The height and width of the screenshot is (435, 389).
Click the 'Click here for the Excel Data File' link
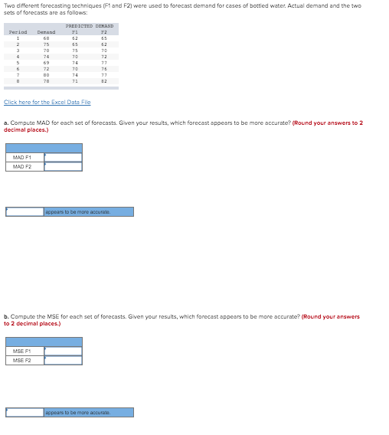click(47, 102)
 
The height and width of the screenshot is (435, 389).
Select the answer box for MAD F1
click(63, 158)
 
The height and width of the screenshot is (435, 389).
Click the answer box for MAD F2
click(63, 167)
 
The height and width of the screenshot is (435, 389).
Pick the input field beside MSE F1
click(63, 352)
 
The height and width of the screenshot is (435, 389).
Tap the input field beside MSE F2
click(63, 361)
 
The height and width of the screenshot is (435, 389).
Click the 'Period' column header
click(17, 32)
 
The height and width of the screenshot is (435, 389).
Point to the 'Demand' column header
click(47, 32)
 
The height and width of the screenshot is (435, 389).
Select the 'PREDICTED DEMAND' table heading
click(95, 26)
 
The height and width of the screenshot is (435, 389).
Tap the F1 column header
click(74, 32)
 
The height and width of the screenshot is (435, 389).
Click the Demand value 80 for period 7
click(47, 74)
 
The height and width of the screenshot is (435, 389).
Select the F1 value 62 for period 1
click(74, 38)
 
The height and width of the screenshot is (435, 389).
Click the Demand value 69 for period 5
click(47, 62)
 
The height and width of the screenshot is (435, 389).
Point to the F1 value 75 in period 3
click(74, 50)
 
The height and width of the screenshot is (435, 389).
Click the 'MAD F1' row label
click(21, 158)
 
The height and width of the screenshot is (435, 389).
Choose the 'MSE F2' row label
click(21, 361)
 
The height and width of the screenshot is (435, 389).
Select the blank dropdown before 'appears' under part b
click(24, 412)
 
